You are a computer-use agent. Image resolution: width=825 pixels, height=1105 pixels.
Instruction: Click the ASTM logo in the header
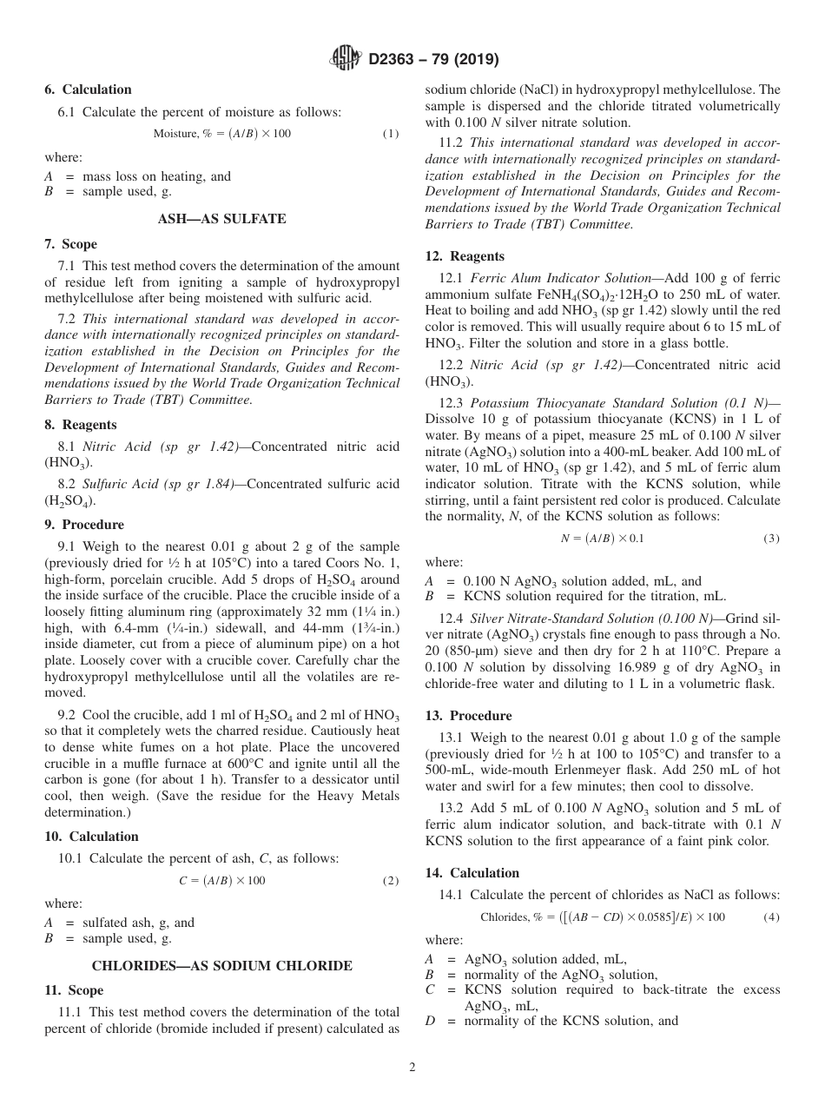pyautogui.click(x=345, y=59)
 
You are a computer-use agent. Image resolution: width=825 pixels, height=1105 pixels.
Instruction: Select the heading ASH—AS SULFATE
pyautogui.click(x=221, y=219)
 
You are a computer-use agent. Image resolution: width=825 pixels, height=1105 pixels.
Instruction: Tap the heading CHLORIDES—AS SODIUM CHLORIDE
pyautogui.click(x=221, y=965)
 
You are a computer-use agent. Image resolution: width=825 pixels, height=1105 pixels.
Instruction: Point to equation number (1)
pyautogui.click(x=391, y=134)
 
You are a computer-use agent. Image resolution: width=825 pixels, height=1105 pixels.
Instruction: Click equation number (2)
pyautogui.click(x=391, y=881)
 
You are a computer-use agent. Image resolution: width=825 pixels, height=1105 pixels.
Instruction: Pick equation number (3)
pyautogui.click(x=771, y=539)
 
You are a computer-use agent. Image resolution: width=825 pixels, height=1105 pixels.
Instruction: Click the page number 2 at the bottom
pyautogui.click(x=412, y=1068)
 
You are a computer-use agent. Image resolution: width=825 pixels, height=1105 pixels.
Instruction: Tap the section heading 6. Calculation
pyautogui.click(x=88, y=89)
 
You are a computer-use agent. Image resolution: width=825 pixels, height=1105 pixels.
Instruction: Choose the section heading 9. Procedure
pyautogui.click(x=84, y=525)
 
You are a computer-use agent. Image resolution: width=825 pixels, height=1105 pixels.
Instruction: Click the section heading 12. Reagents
pyautogui.click(x=465, y=256)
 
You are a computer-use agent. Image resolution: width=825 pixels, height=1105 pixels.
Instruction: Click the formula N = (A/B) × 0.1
pyautogui.click(x=602, y=539)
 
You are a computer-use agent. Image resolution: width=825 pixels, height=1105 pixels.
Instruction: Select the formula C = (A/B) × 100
pyautogui.click(x=221, y=881)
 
